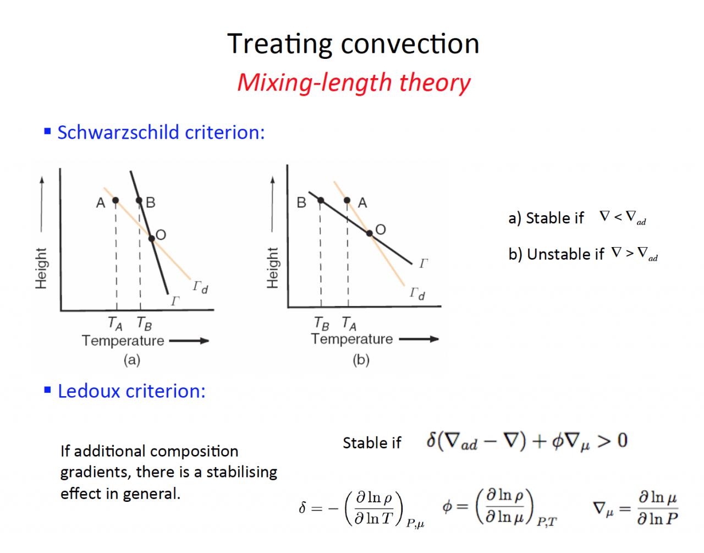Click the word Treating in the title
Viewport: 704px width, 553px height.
[x=280, y=44]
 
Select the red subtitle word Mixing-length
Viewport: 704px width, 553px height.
[x=315, y=83]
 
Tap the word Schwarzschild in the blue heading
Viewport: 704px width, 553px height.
[x=118, y=132]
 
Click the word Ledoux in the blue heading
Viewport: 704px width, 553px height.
[x=89, y=391]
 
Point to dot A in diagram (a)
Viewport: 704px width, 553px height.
[x=116, y=200]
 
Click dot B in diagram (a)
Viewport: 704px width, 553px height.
[x=139, y=200]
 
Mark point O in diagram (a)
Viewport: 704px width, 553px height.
[x=151, y=239]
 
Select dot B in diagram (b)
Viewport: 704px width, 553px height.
[x=321, y=200]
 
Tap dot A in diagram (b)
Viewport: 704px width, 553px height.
[x=347, y=200]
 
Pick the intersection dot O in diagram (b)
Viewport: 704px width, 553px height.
[x=370, y=233]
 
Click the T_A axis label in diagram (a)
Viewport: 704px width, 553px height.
[x=116, y=324]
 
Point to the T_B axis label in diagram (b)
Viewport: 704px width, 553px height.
[x=322, y=324]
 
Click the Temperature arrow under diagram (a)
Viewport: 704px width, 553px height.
[x=189, y=341]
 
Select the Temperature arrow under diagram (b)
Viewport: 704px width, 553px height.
[x=419, y=339]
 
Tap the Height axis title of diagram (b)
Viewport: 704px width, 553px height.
[x=273, y=267]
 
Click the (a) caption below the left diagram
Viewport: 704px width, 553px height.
[x=132, y=360]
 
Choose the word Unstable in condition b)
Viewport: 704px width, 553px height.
[x=565, y=254]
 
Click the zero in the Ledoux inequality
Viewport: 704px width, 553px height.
[x=622, y=441]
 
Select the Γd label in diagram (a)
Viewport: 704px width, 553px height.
[x=200, y=287]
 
